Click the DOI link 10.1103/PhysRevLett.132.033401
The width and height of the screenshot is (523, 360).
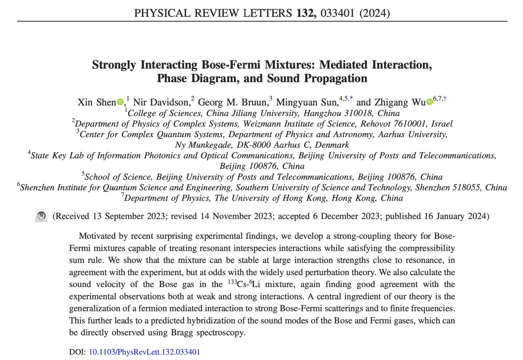(x=144, y=352)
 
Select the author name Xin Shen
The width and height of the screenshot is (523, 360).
(x=96, y=102)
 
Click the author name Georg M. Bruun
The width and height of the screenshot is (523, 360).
(x=232, y=102)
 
